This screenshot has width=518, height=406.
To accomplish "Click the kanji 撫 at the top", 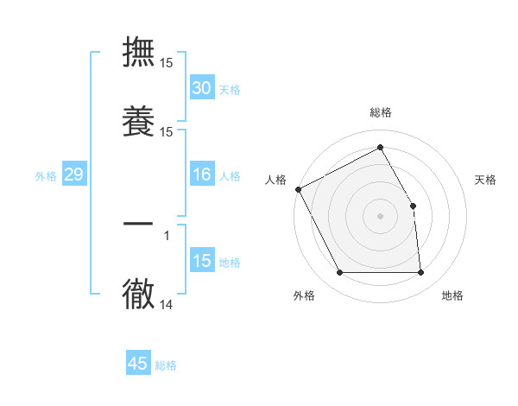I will click(x=138, y=51).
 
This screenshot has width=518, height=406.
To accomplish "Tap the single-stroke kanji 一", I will click(x=138, y=224).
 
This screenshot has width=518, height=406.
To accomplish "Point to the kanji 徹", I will click(x=138, y=294).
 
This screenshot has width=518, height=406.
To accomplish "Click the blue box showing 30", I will click(x=201, y=88).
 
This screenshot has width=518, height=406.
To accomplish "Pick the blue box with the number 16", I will click(x=201, y=175).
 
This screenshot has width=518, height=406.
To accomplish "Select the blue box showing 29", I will click(x=73, y=175).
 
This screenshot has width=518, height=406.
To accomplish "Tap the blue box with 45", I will click(x=138, y=364).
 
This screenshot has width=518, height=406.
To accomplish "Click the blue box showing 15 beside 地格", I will click(x=201, y=261).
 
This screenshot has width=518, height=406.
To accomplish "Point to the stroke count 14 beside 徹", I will click(x=167, y=304).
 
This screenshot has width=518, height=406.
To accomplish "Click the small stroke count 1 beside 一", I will click(x=167, y=234).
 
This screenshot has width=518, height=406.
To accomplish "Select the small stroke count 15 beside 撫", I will click(x=167, y=63).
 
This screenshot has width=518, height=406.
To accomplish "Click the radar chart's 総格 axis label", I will click(x=381, y=112).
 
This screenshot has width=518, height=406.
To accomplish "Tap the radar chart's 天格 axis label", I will click(x=485, y=180).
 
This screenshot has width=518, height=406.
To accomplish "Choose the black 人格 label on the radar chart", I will click(x=275, y=180).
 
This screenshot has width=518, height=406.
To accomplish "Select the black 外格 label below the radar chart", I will click(x=304, y=295).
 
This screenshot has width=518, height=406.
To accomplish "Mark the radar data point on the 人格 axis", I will click(x=298, y=189).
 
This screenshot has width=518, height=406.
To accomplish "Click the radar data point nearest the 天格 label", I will click(x=414, y=206).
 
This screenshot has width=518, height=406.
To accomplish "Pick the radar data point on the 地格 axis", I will click(x=421, y=273).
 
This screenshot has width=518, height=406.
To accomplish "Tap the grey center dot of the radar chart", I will click(x=381, y=216).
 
